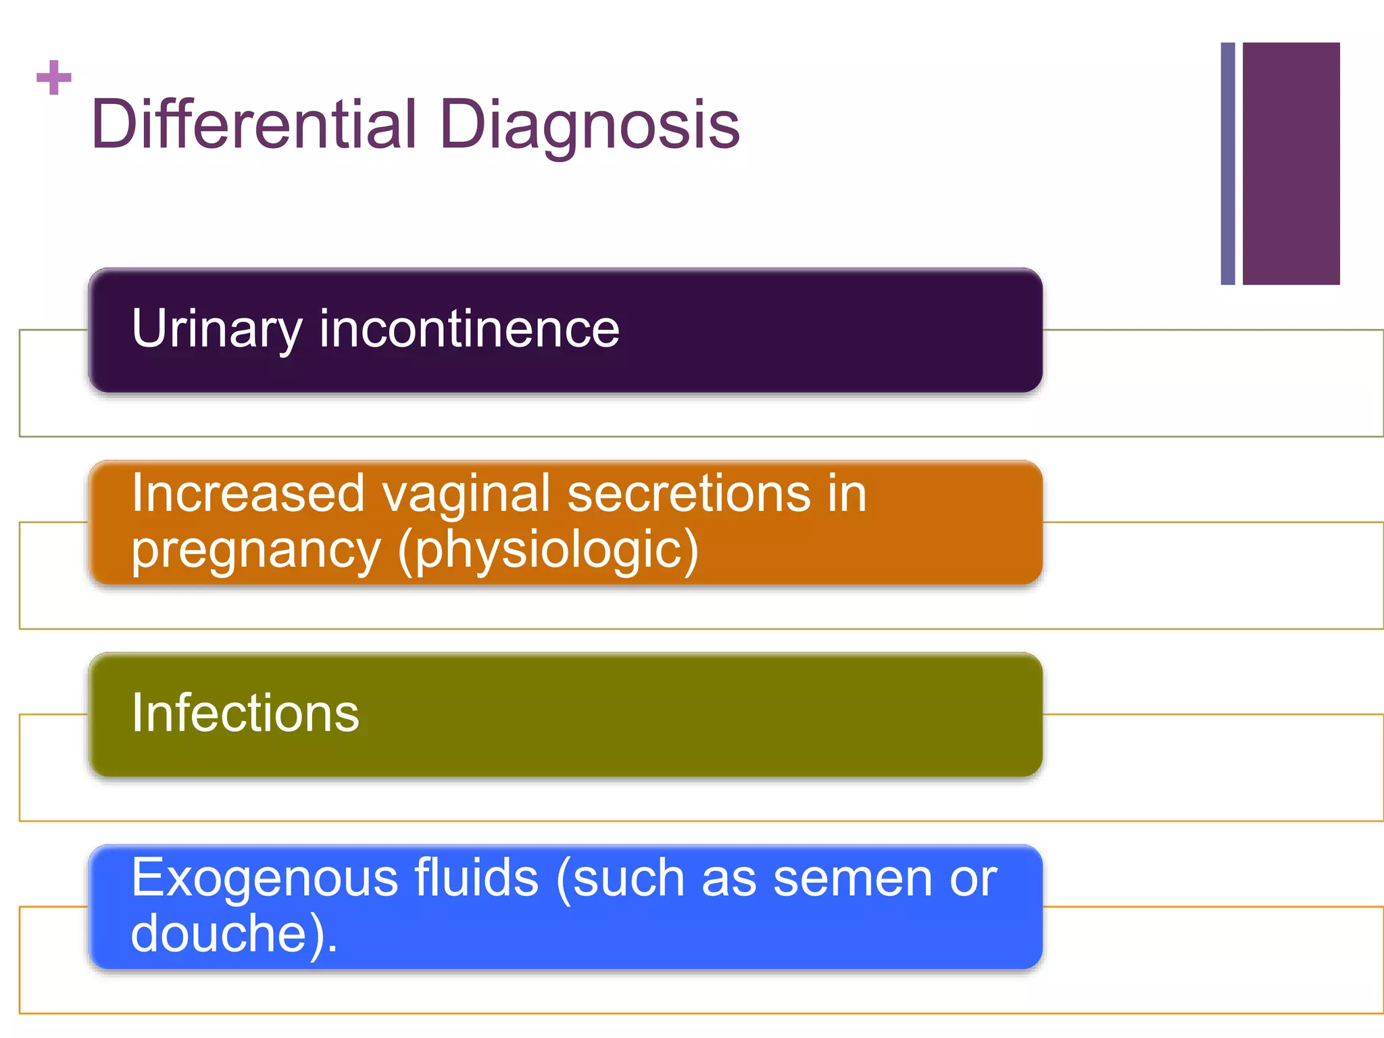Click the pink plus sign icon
53,78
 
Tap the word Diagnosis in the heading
589,125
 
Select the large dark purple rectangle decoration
1291,164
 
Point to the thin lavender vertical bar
1227,164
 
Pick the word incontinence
469,329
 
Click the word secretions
689,493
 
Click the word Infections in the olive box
245,713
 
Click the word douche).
234,934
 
